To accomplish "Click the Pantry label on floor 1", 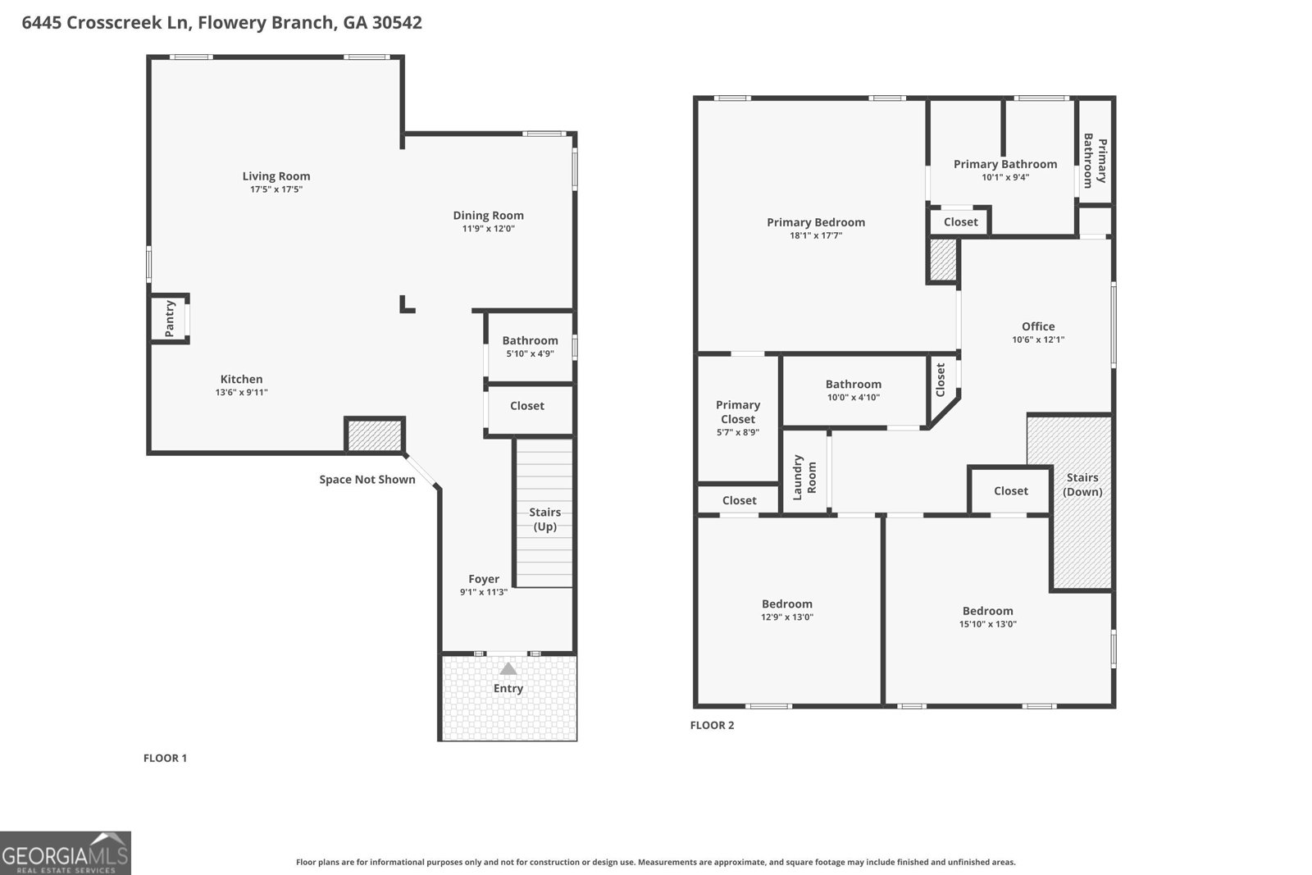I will (x=170, y=318).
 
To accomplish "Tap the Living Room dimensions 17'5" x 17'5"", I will (x=276, y=189).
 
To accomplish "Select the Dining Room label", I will (x=488, y=216).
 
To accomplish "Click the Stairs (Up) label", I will (x=544, y=519).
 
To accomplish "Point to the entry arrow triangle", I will (x=508, y=668).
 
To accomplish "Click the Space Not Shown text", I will (x=367, y=480).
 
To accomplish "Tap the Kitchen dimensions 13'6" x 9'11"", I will (x=241, y=393).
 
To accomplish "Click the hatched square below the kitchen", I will (x=374, y=435).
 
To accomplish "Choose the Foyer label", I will (x=483, y=579).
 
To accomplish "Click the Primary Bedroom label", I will (x=815, y=222).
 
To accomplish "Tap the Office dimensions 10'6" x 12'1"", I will (x=1037, y=340).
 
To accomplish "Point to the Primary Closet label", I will (x=737, y=412).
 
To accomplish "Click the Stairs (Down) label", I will (x=1082, y=484).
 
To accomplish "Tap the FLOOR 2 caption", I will (x=712, y=725).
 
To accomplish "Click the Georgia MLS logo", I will (x=66, y=853).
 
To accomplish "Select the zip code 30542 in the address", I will (x=397, y=23).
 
